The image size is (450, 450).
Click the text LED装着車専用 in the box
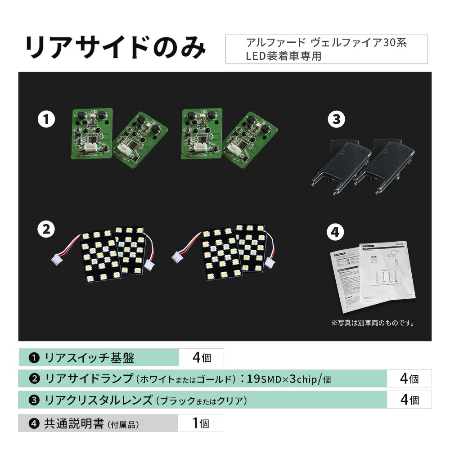tap(283, 57)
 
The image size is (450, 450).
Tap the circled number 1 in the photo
tap(46, 120)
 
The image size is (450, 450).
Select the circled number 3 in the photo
tap(336, 120)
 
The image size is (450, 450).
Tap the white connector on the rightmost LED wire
tap(271, 262)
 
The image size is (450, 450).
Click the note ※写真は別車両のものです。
tap(373, 323)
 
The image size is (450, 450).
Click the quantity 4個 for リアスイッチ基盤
tap(201, 358)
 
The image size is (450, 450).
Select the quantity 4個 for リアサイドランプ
tap(409, 379)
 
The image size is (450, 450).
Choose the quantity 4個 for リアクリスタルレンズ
tap(409, 400)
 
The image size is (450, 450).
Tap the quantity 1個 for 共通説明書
tap(200, 423)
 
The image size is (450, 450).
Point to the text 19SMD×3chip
tap(281, 379)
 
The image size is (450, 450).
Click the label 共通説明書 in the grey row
tap(74, 423)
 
